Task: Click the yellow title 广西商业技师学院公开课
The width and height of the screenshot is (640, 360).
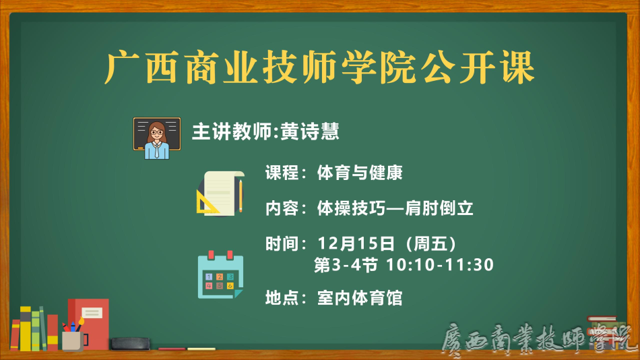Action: coord(319,67)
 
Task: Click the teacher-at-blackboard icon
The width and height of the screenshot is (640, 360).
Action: coord(157,138)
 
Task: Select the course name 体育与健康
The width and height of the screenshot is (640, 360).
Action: coord(360,173)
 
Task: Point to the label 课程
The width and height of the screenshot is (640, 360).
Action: coord(282,173)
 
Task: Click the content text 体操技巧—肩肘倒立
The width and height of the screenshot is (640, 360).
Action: coord(395,208)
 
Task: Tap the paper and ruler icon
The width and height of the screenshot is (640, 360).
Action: coord(220,193)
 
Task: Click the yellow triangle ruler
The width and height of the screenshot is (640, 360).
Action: coord(207,202)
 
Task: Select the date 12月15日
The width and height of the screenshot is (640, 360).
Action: coord(356,244)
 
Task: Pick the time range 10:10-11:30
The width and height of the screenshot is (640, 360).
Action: coord(440,265)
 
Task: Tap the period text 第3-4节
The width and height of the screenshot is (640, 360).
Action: coord(346,265)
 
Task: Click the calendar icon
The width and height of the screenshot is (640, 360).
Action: coord(220,274)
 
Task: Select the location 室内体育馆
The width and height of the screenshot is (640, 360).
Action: coord(360,298)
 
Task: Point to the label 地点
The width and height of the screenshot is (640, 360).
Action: coord(282,298)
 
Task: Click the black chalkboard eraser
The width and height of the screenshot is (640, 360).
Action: coord(130,344)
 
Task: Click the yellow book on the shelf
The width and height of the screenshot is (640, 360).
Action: coord(26,329)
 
